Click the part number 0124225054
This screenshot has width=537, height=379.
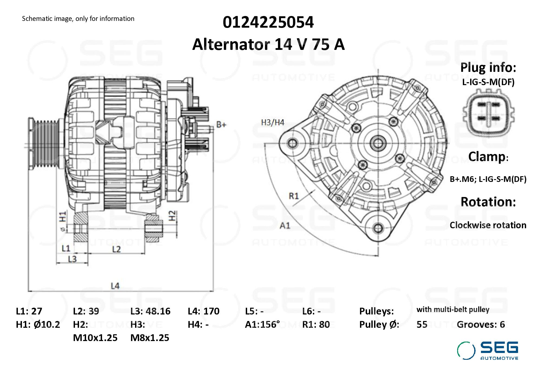(x=268, y=22)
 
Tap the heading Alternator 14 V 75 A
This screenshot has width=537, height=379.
(x=268, y=44)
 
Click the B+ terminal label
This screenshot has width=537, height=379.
(x=221, y=125)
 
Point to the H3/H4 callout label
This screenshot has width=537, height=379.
(x=273, y=123)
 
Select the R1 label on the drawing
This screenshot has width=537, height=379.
(x=294, y=196)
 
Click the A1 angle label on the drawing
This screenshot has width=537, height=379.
(x=285, y=226)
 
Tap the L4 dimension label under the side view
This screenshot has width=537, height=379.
(x=115, y=286)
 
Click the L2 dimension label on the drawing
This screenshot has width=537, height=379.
(x=116, y=249)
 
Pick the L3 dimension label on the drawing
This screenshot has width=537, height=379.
(x=72, y=259)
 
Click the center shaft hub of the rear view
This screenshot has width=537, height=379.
(x=378, y=143)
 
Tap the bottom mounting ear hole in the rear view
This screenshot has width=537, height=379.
(x=378, y=228)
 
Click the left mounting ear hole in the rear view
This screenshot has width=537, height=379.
(x=292, y=143)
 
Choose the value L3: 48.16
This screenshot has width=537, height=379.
(x=150, y=311)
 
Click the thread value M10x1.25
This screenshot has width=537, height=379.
(x=95, y=338)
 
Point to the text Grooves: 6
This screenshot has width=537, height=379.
(x=481, y=325)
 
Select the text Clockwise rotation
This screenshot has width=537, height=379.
(x=488, y=225)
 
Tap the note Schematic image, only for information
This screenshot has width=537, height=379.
(x=78, y=19)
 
